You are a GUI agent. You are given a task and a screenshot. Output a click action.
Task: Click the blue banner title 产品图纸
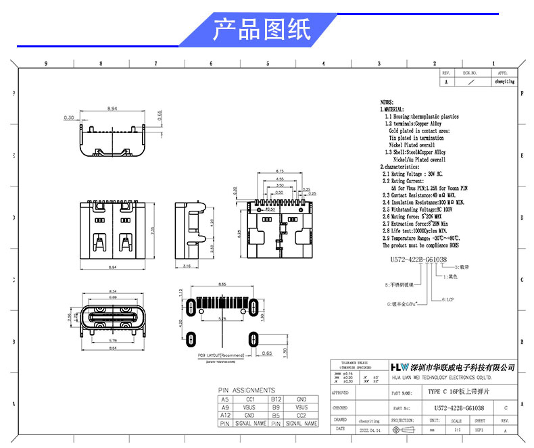262,30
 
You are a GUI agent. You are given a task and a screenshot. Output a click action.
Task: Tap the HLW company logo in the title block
399,366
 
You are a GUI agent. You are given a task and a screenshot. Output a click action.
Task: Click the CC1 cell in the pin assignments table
249,399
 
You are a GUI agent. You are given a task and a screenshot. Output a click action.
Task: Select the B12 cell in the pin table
276,399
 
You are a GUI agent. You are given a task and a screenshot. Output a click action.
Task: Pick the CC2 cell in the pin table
301,416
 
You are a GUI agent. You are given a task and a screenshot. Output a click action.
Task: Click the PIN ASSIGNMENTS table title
246,391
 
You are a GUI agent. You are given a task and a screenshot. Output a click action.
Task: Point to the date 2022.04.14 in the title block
369,429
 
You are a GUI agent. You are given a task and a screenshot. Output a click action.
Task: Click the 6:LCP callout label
448,299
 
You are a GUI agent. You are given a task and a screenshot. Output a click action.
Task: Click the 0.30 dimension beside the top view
68,118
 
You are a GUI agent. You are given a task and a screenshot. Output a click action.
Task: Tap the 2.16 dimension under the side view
187,267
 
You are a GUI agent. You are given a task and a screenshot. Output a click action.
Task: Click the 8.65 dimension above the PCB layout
221,284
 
